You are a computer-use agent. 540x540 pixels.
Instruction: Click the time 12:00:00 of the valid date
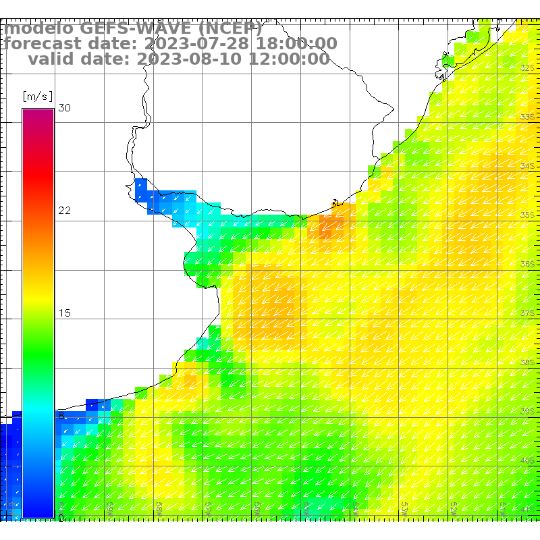[286, 59]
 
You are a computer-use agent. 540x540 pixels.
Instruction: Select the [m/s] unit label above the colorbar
[38, 97]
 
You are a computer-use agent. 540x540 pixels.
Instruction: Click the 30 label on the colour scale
[65, 108]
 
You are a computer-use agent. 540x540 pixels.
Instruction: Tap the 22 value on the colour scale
[65, 211]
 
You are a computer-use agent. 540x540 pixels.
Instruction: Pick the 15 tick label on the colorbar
[65, 313]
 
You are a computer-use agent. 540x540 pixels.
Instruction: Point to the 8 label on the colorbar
[61, 416]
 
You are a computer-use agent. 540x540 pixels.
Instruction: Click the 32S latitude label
[528, 68]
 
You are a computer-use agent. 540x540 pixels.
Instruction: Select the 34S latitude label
[528, 166]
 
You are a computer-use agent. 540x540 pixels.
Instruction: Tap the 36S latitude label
[528, 265]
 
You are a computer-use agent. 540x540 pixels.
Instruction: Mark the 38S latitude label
[528, 362]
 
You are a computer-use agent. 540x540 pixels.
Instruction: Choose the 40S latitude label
[528, 460]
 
